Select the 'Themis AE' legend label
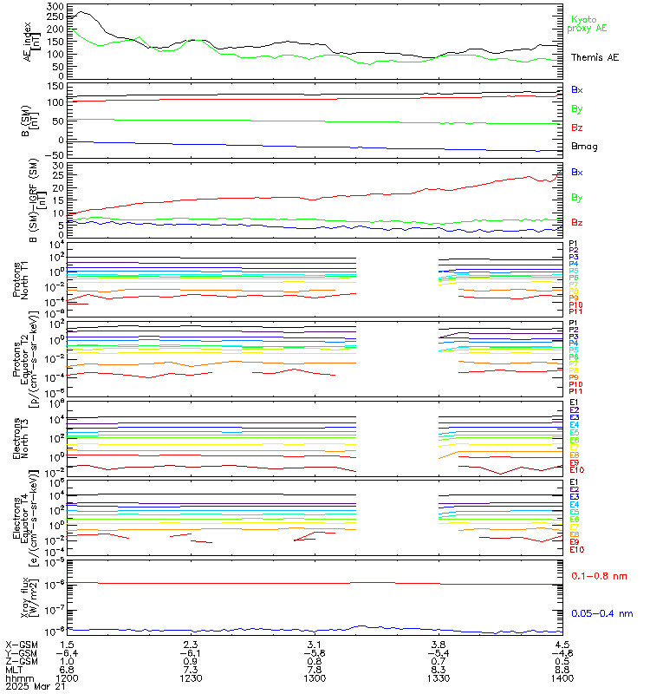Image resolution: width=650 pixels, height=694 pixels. point(595,57)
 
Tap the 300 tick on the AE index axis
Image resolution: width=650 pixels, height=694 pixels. point(55,7)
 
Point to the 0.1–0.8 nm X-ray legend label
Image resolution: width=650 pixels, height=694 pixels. point(601,576)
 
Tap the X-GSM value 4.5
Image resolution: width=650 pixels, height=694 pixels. point(562,645)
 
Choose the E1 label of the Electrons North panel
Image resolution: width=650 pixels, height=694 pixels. point(574,403)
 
